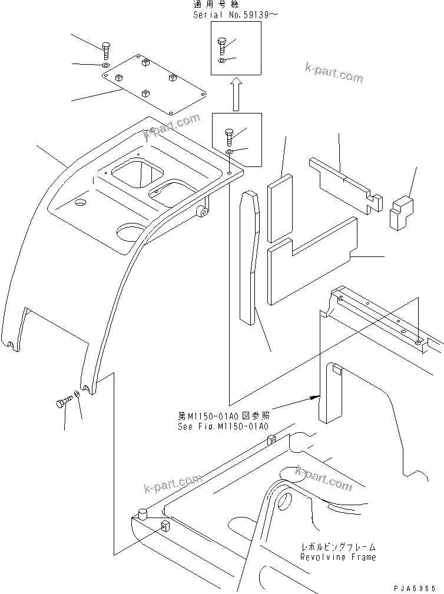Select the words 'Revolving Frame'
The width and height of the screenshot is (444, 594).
pos(337,556)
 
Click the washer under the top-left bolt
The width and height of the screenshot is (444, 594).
pos(105,65)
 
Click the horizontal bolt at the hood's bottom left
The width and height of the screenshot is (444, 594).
pos(62,403)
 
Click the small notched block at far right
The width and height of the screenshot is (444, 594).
pos(402,212)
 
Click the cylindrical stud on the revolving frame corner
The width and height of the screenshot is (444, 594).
pos(141,516)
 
